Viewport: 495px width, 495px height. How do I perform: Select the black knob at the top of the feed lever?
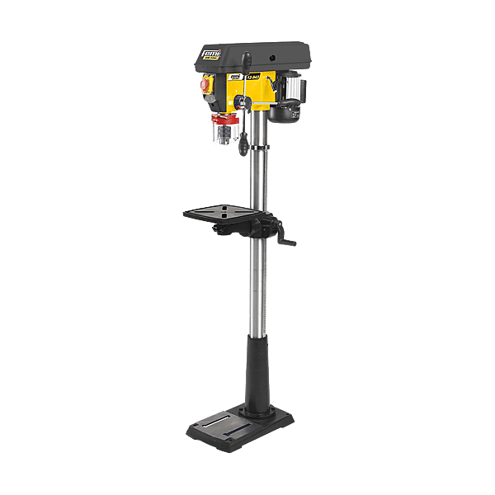[x=247, y=59]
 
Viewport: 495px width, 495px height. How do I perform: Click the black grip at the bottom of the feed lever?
[x=245, y=153]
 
